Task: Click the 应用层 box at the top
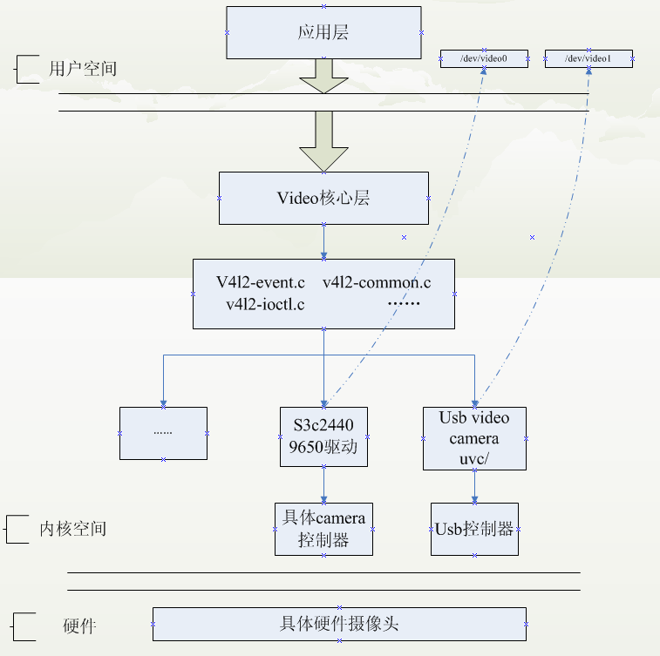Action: (323, 32)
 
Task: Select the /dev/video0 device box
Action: (484, 59)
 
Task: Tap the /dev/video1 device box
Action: (589, 59)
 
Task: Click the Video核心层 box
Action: (323, 198)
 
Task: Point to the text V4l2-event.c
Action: (261, 282)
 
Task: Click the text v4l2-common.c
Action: (377, 282)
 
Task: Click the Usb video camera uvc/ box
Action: (474, 438)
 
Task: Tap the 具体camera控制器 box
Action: (323, 529)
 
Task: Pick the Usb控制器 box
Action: (474, 529)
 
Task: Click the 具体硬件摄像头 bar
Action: (339, 624)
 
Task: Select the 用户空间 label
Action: (83, 69)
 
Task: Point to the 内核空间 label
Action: (73, 529)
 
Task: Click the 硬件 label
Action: (79, 626)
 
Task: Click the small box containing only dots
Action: (163, 433)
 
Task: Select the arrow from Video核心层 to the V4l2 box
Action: (323, 240)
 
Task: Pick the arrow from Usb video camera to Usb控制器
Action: (474, 486)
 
